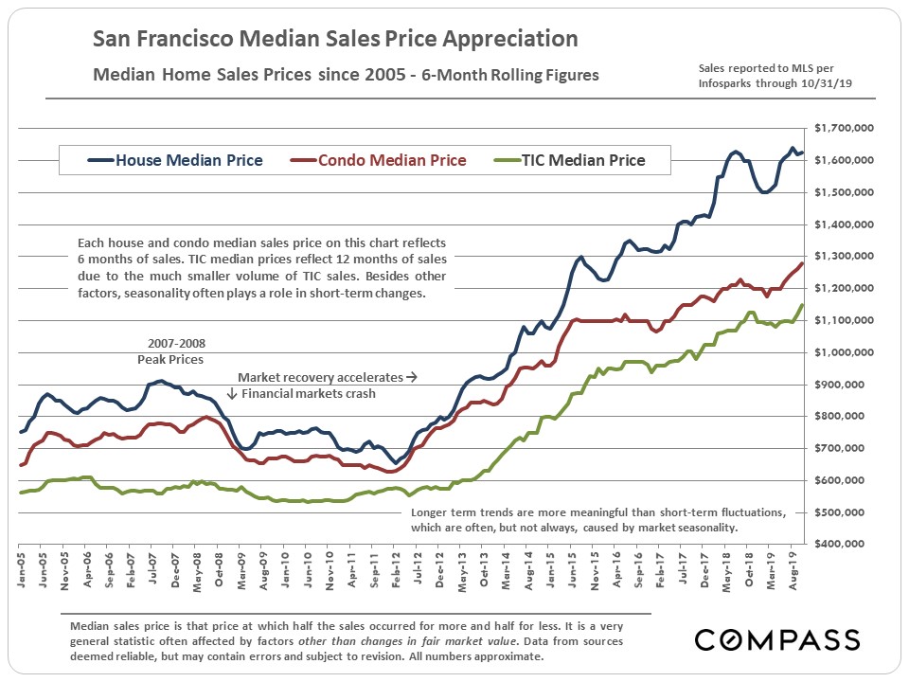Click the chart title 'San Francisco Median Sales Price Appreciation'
335,40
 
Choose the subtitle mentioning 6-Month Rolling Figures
346,75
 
